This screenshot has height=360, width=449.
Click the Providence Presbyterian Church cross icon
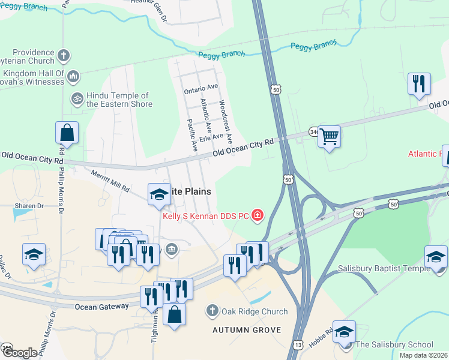pos(64,56)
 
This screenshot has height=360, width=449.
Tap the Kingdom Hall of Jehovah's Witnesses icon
pos(73,76)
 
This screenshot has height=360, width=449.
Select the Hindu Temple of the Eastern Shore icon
pos(77,98)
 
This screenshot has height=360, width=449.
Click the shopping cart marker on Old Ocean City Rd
pos(329,136)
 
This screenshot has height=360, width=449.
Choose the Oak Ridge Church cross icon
pos(212,311)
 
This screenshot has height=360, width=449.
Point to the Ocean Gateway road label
pos(102,307)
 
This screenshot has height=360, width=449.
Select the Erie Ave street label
pos(211,136)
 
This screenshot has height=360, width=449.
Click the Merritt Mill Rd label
pos(110,181)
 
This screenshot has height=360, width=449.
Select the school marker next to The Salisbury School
pos(344,331)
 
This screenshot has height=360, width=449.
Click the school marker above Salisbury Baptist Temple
pos(436,256)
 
